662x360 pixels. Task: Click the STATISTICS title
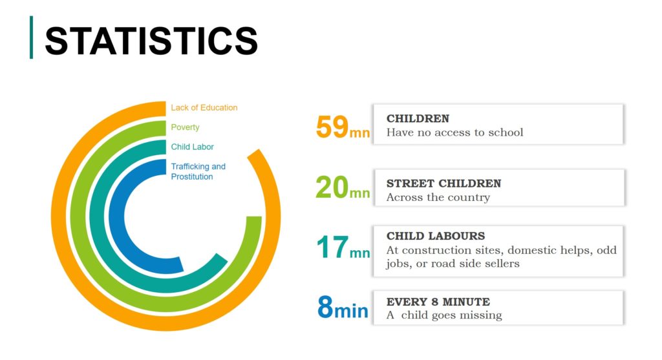[x=151, y=41]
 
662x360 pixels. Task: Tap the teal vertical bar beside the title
[x=31, y=37]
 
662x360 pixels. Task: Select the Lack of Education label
[x=204, y=108]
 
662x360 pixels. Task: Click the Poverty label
[x=185, y=127]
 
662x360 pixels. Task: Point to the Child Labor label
[x=192, y=147]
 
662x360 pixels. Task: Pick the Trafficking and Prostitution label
[x=198, y=171]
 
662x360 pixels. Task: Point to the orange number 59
[x=332, y=127]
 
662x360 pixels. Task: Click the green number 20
[x=332, y=187]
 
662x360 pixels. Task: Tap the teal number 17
[x=333, y=248]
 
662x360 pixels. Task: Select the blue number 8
[x=326, y=307]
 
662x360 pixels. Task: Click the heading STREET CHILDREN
[x=443, y=184]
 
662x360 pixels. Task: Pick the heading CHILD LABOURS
[x=436, y=236]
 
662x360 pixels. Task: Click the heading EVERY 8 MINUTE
[x=438, y=302]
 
